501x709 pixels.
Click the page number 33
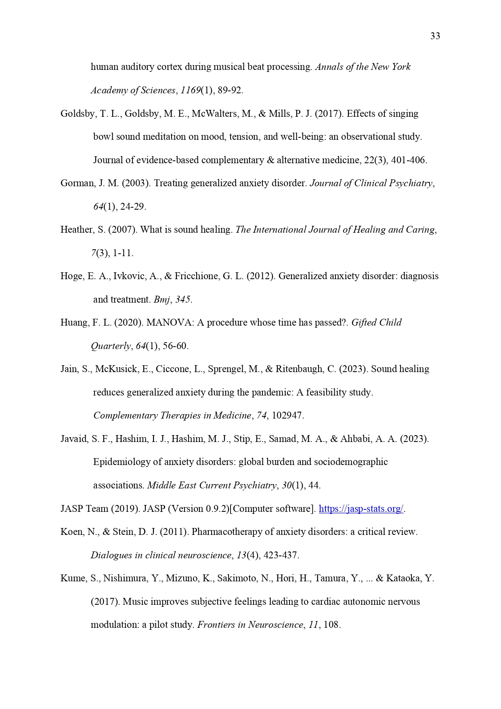pos(435,36)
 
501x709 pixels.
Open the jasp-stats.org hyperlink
pos(361,509)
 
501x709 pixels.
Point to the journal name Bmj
pos(162,300)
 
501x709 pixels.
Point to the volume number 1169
pos(190,90)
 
